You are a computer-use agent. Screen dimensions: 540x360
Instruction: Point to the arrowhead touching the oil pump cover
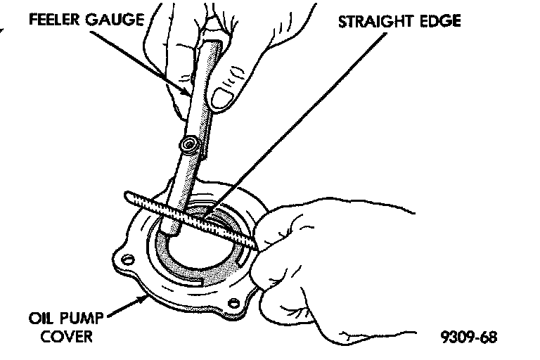[143, 297]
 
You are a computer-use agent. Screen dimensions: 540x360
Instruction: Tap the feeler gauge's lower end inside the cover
[169, 227]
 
